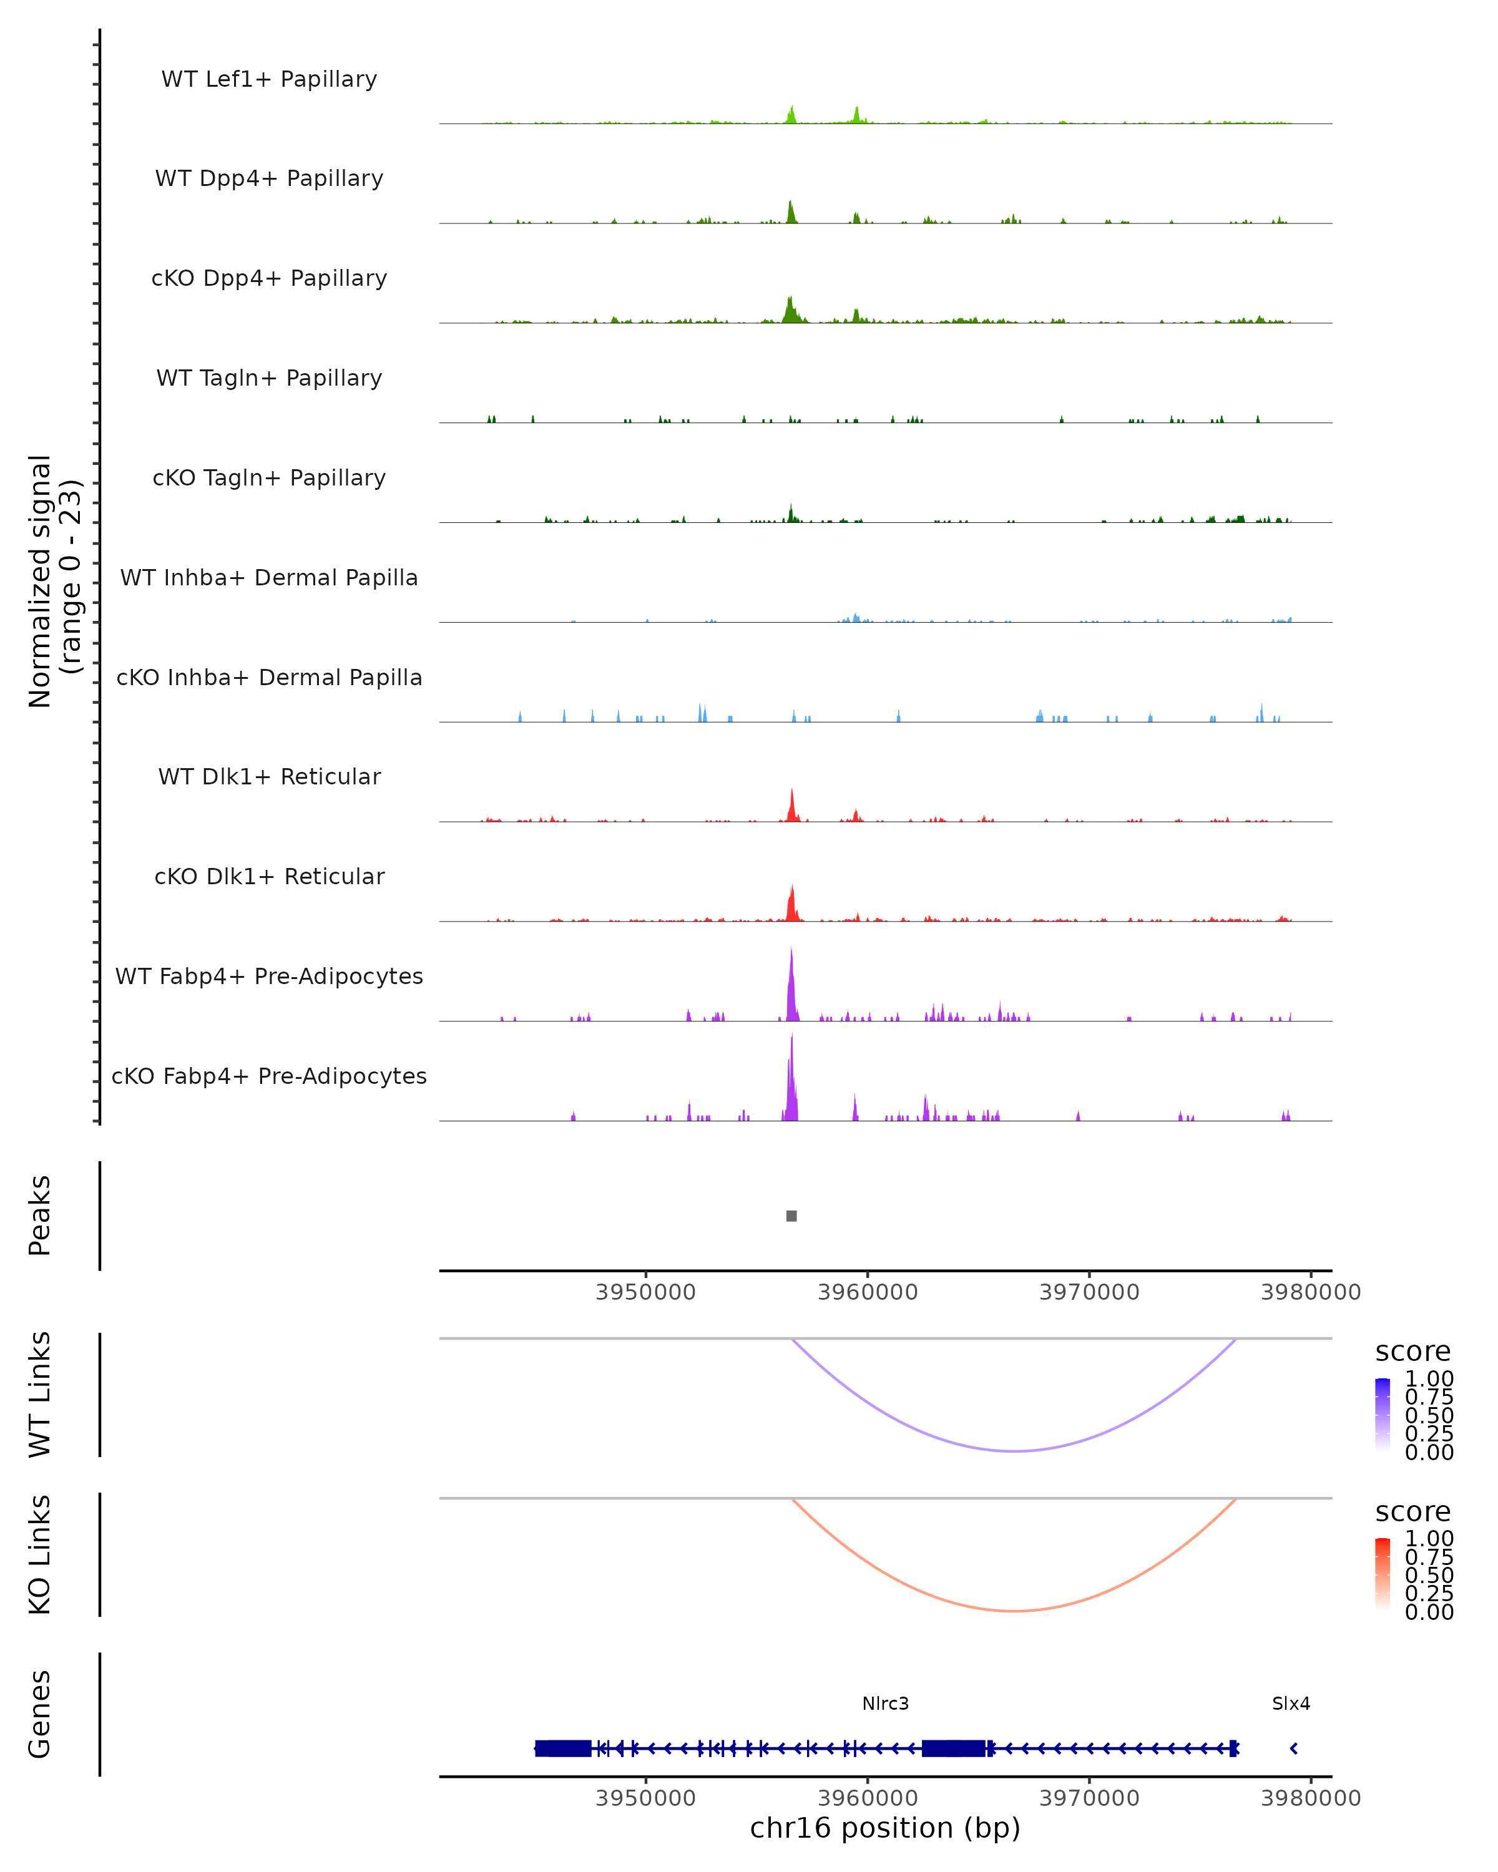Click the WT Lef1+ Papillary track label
point(269,79)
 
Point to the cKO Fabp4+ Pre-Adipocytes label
point(269,1076)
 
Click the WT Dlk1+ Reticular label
point(269,776)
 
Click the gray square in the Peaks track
point(791,1216)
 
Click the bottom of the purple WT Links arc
point(1014,1451)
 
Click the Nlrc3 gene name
point(885,1704)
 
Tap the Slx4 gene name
point(1290,1704)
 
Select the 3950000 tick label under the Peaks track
point(645,1292)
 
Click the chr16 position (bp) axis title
point(885,1828)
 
